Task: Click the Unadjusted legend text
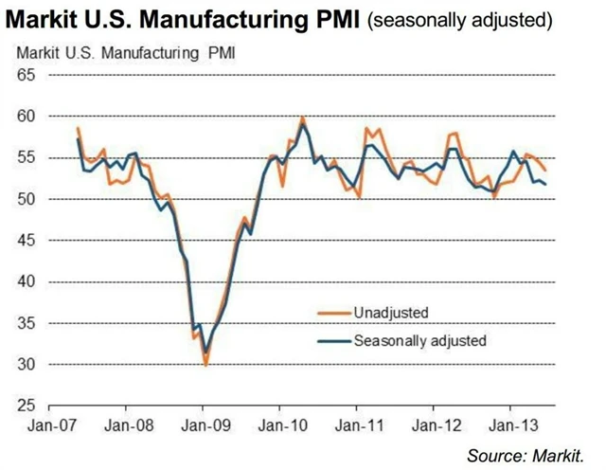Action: [391, 312]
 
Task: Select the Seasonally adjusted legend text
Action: [419, 339]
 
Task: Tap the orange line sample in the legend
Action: [331, 312]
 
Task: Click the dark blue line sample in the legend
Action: [331, 339]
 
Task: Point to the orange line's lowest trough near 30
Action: [205, 364]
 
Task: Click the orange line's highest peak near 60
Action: [302, 117]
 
